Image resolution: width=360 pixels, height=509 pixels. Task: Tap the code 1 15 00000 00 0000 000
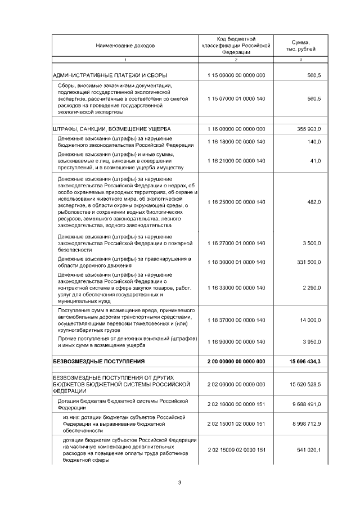(x=236, y=75)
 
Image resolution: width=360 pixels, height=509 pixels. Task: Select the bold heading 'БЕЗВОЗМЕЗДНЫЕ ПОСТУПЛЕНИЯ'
(x=98, y=361)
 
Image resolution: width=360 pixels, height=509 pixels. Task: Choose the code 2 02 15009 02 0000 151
(x=236, y=450)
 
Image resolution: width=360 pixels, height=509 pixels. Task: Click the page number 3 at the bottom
(x=179, y=482)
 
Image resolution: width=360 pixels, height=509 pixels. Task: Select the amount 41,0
(x=314, y=161)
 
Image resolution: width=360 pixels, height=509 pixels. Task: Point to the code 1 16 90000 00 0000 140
(x=236, y=342)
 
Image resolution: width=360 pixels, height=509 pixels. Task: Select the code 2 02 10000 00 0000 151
(x=236, y=404)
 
